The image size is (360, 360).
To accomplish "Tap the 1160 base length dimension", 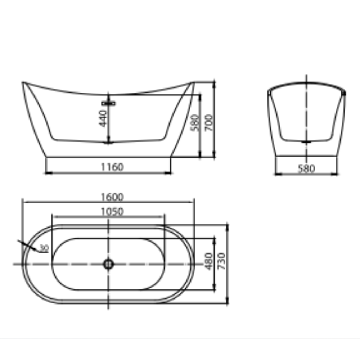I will point(112,167).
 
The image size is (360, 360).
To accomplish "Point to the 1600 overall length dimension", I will point(112,197).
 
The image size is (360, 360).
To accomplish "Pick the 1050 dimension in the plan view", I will point(112,211).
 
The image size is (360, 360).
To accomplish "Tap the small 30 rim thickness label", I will point(44,248).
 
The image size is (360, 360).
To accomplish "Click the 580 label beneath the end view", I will point(306,168).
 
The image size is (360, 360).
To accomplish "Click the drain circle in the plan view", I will point(108,264).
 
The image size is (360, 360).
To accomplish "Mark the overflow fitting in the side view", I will point(108,103).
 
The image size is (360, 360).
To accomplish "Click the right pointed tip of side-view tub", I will point(193,82).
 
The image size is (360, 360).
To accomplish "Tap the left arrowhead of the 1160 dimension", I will point(48,173).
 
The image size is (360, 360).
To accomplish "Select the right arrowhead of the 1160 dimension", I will point(170,173).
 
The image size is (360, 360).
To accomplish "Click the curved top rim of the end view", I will point(306,85).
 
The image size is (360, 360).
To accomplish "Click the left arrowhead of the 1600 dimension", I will point(24,202).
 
